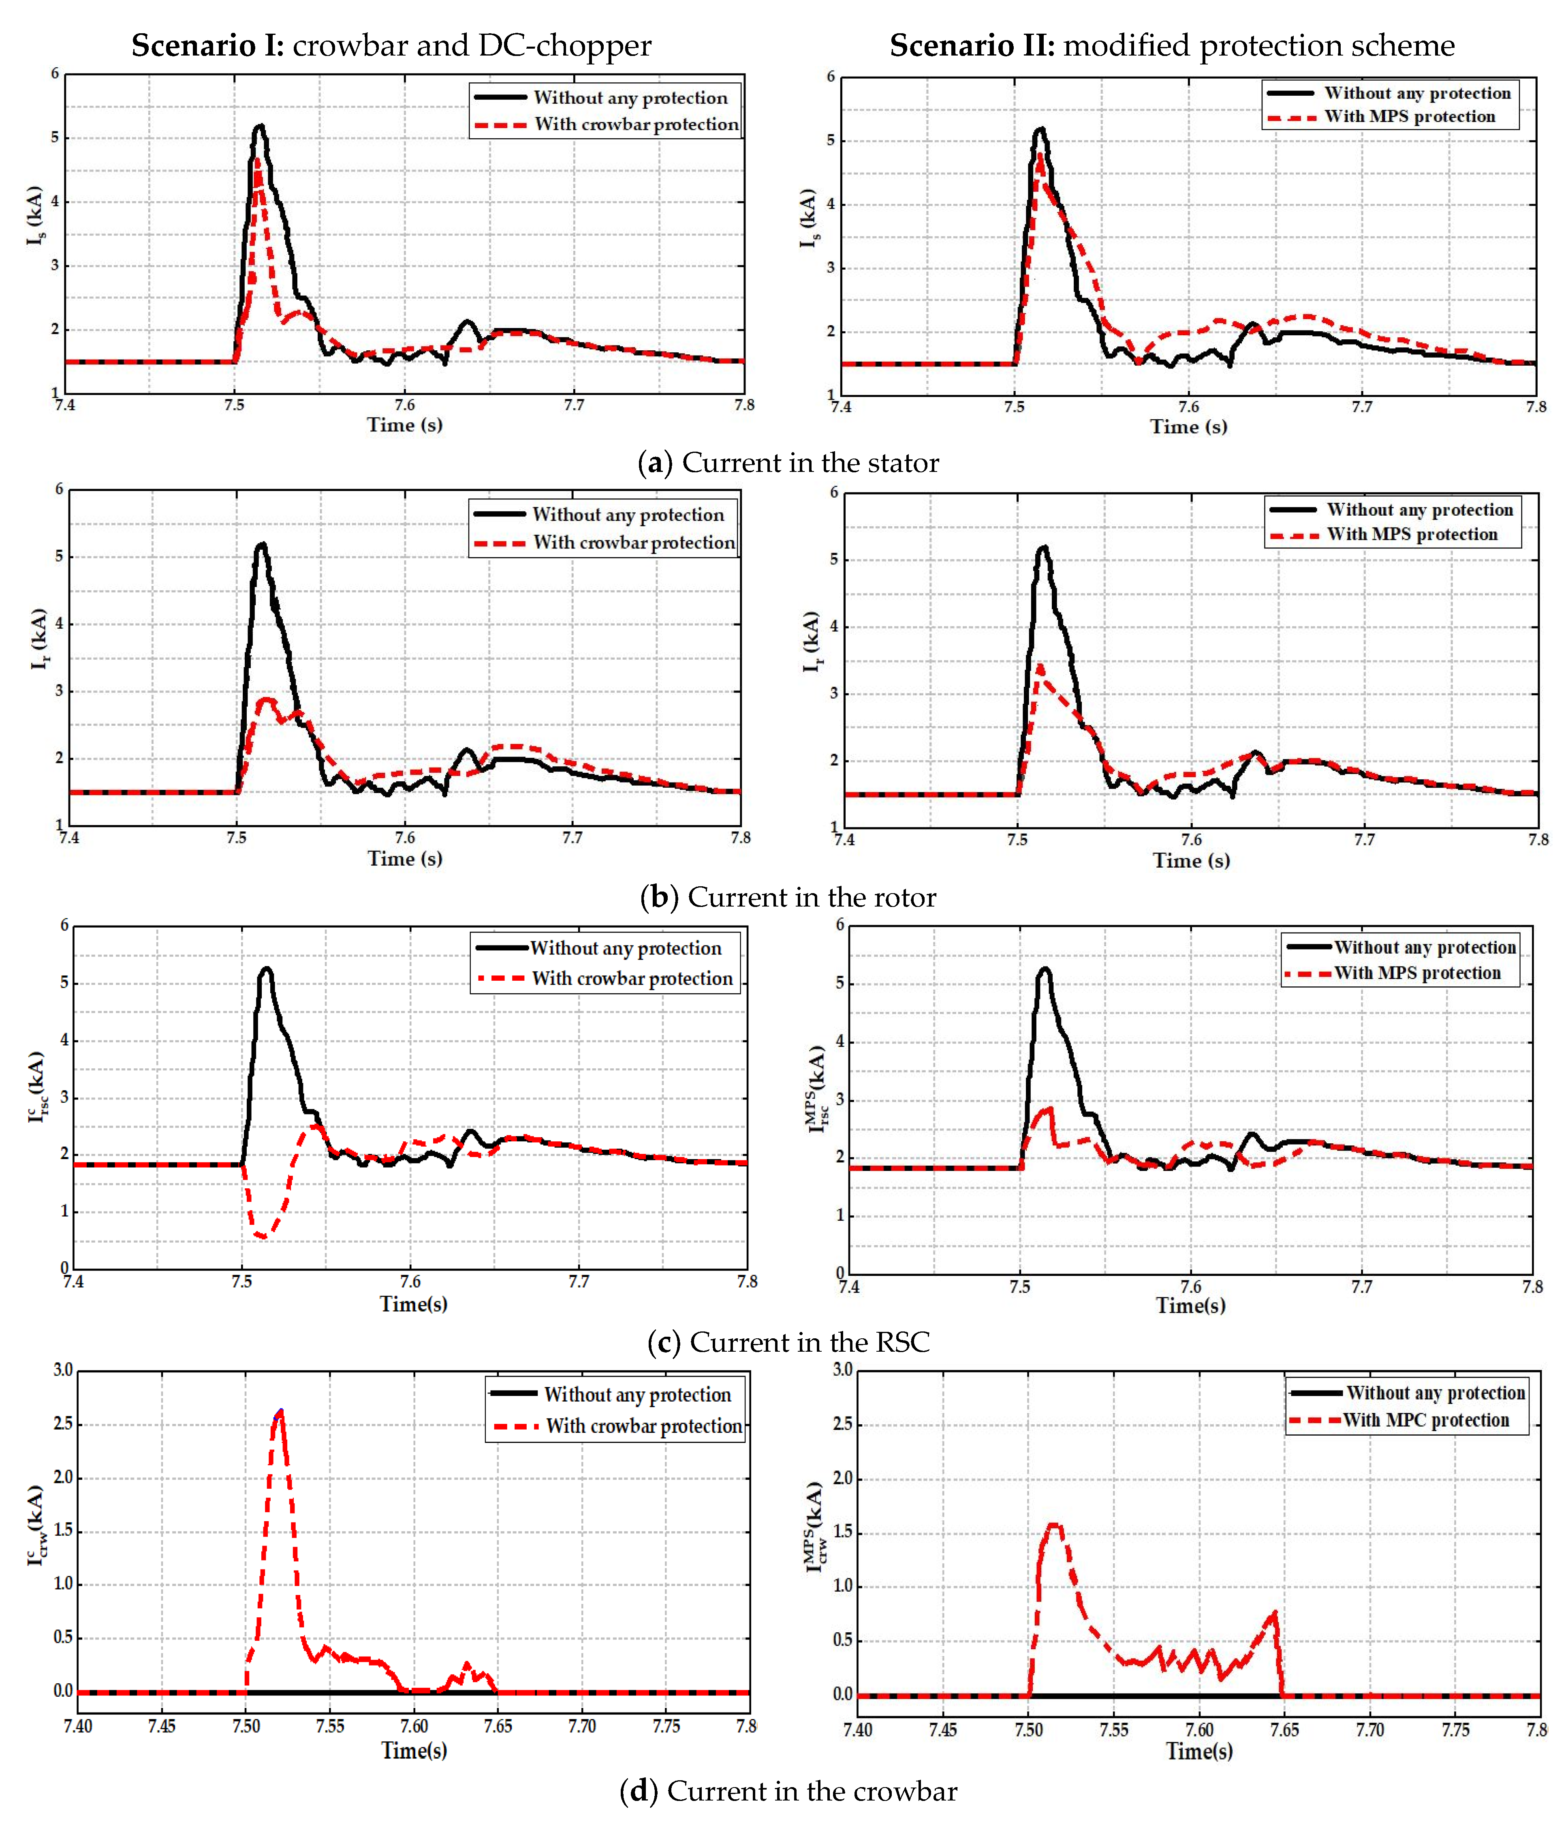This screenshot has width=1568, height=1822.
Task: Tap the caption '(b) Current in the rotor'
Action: pyautogui.click(x=788, y=897)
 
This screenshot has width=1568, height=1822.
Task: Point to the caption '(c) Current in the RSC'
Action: pyautogui.click(x=788, y=1342)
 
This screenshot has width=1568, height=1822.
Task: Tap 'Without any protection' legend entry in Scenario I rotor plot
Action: pyautogui.click(x=628, y=514)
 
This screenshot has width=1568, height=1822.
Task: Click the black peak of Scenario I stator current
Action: pyautogui.click(x=259, y=126)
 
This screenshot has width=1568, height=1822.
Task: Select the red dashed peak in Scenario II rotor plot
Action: pyautogui.click(x=1040, y=666)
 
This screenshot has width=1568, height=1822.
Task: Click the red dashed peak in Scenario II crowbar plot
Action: pyautogui.click(x=1053, y=1525)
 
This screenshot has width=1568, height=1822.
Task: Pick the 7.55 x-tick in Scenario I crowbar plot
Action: pyautogui.click(x=329, y=1726)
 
